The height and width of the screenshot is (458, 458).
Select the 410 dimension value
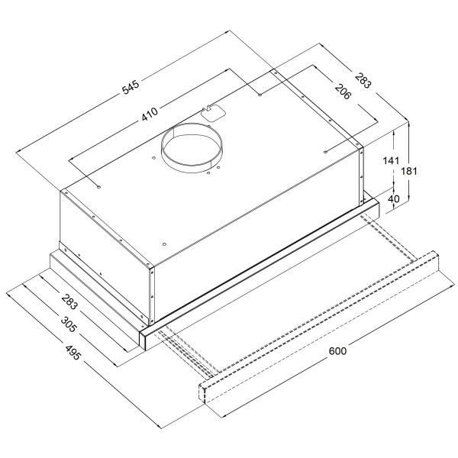pos(150,114)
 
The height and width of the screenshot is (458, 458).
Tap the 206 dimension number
pos(342,92)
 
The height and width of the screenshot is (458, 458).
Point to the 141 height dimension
pos(391,160)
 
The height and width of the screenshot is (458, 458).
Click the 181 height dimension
pos(409,171)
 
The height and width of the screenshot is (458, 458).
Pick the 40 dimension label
pos(393,198)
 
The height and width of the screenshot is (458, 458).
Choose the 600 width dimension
pos(337,351)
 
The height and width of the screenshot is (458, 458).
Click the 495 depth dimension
pos(73,353)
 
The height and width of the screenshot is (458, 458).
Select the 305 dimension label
pos(68,324)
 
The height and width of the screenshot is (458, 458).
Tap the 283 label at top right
pos(363,80)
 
